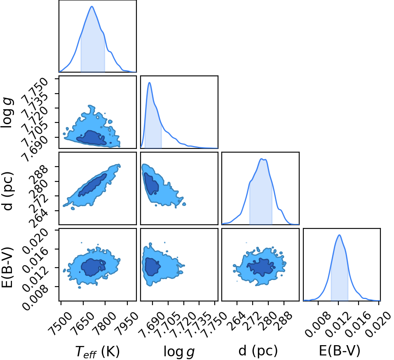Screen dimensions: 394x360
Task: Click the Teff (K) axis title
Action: click(98, 351)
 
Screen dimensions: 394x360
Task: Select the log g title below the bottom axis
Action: click(179, 351)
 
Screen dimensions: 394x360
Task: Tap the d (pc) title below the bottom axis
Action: click(258, 351)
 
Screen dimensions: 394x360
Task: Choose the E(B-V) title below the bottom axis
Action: click(340, 351)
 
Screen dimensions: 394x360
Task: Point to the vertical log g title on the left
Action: click(7, 113)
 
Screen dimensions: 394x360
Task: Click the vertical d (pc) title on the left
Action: click(7, 191)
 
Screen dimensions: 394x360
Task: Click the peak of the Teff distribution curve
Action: click(92, 6)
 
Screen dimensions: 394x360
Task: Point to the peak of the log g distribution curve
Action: click(150, 82)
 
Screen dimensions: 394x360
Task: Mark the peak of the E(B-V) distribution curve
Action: click(339, 235)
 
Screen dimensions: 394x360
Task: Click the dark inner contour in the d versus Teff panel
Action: click(92, 185)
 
